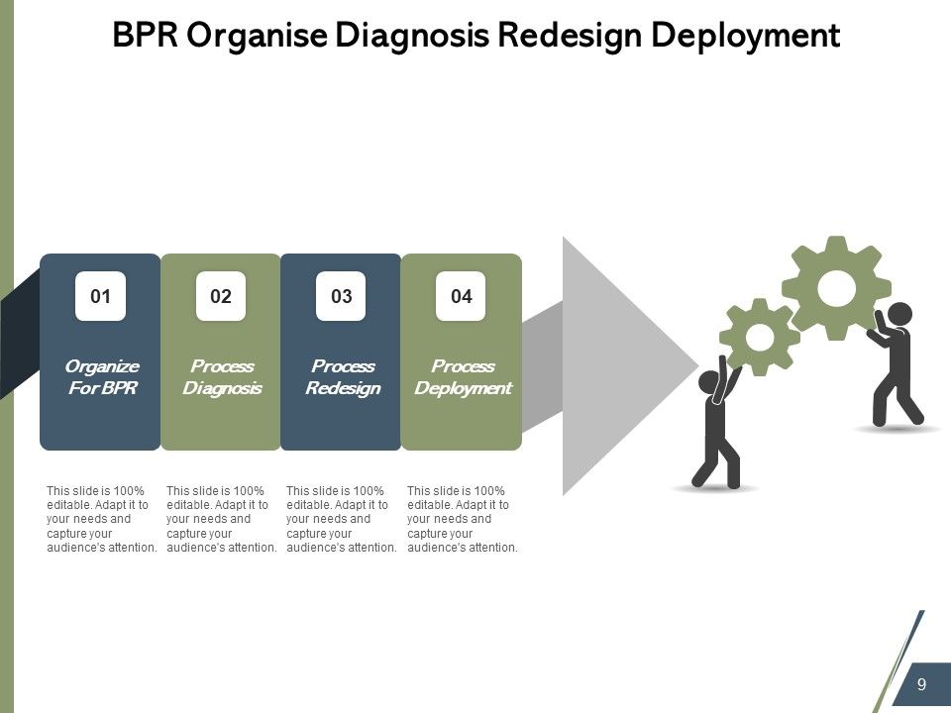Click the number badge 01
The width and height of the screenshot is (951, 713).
[x=100, y=296]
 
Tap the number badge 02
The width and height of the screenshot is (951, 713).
[x=220, y=296]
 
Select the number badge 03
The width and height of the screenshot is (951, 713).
[x=341, y=296]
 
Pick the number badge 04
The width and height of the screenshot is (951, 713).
[x=461, y=296]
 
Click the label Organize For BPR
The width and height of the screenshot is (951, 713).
[x=102, y=377]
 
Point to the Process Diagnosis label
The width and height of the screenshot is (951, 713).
[x=222, y=377]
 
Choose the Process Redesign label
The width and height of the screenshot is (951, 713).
[x=342, y=377]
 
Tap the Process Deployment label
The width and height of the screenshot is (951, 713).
[x=462, y=377]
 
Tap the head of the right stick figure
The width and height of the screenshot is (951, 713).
[x=899, y=314]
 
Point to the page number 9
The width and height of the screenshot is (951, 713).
[x=921, y=685]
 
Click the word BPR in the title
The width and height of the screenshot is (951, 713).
[x=146, y=37]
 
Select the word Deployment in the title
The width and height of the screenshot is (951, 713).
[x=745, y=37]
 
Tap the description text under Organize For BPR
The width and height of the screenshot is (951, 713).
[x=102, y=519]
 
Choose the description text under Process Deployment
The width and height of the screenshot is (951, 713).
[x=463, y=519]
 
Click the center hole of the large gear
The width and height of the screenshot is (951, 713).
[x=837, y=287]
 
